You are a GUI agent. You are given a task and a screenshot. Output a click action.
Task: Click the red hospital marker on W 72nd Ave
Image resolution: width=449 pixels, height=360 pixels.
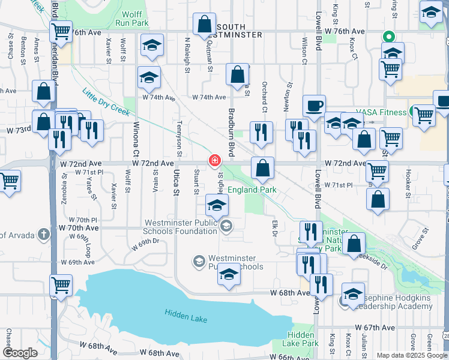214,161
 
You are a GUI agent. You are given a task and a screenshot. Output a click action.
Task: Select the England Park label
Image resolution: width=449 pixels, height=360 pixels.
252,190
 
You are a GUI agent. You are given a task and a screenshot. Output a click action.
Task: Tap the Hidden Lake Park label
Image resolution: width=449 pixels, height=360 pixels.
302,339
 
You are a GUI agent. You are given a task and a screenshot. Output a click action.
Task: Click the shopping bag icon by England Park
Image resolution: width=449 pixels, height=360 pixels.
262,169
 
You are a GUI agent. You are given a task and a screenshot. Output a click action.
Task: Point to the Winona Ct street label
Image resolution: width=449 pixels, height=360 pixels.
136,137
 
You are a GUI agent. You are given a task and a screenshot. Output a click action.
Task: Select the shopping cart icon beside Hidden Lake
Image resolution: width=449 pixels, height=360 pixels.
61,286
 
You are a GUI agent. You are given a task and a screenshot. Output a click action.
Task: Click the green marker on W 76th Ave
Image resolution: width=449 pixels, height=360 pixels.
388,35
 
